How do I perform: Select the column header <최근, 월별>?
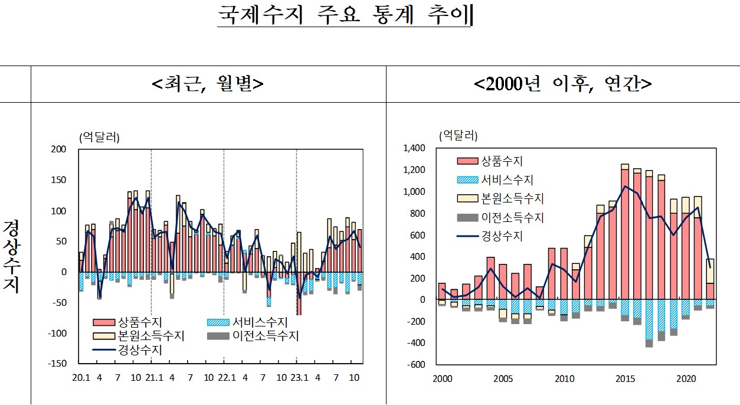tap(208, 84)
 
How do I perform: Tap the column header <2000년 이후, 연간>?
tap(562, 84)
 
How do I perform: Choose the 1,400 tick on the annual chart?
tap(414, 148)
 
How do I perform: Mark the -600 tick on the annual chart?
tap(415, 365)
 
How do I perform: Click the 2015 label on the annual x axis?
tap(624, 378)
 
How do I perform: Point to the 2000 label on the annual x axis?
tap(442, 378)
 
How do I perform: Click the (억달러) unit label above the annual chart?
tap(457, 135)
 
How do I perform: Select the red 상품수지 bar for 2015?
tap(624, 236)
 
